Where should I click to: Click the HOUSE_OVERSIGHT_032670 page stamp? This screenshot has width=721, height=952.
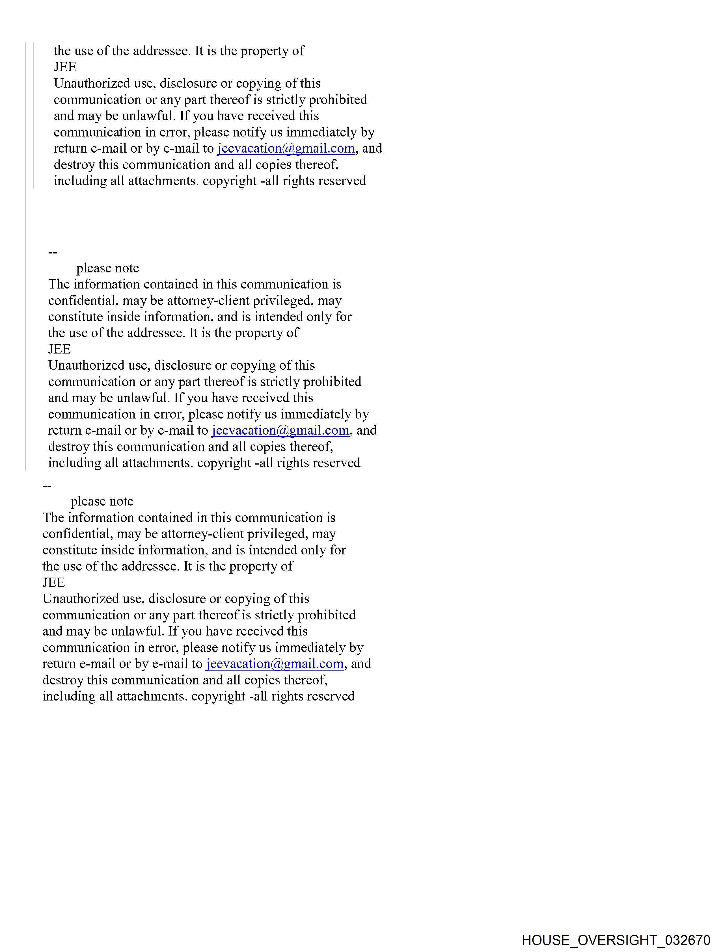(x=616, y=940)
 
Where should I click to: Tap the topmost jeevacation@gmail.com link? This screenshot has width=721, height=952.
(x=286, y=148)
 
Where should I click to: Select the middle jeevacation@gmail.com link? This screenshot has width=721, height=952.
(x=280, y=430)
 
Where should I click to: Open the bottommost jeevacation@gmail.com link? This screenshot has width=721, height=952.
(x=275, y=664)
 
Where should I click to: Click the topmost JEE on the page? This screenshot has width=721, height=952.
(x=65, y=67)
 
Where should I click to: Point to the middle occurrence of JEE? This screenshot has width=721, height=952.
(x=59, y=349)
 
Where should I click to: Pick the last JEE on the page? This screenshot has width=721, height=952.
(x=54, y=583)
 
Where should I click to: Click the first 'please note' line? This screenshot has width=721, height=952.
(x=108, y=268)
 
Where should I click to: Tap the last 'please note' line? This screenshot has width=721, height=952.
(x=102, y=501)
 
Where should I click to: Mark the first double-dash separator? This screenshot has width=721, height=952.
(x=53, y=252)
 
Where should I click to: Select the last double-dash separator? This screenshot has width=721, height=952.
(x=47, y=485)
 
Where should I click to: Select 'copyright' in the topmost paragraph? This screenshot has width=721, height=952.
(x=230, y=181)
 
